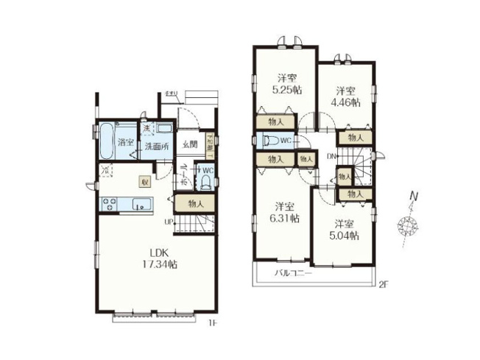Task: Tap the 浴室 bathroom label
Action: point(126,142)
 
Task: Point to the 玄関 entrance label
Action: point(188,144)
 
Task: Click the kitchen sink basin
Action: point(140,205)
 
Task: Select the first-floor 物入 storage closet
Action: point(196,203)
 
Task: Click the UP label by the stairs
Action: point(168,222)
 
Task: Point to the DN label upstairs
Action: point(331,157)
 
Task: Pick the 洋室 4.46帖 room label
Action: point(347,96)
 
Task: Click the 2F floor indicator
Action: point(384,283)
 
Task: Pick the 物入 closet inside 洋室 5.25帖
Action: point(273,122)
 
